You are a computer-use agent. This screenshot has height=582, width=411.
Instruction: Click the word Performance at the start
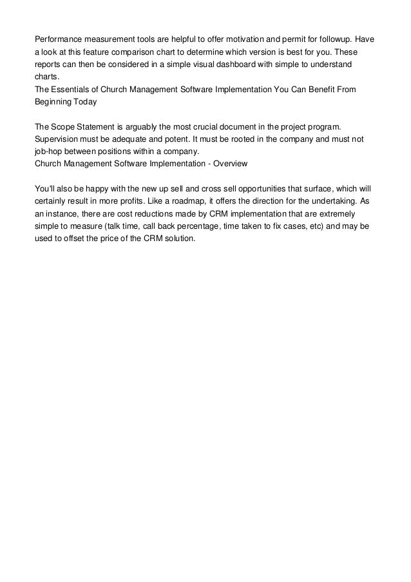click(x=57, y=39)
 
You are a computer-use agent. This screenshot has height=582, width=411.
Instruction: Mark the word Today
click(x=83, y=101)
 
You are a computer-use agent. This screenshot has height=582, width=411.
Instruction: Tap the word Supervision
click(x=57, y=139)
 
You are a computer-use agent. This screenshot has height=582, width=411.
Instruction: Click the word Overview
click(x=230, y=164)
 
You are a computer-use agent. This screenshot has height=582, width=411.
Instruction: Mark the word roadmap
click(x=192, y=200)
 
